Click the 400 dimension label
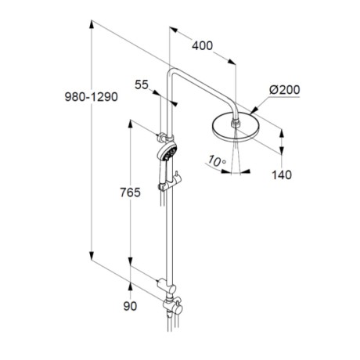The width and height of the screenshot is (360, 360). coord(203,46)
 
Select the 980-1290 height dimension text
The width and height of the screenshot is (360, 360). coord(92,97)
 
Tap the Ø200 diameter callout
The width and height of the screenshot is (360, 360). coord(285,90)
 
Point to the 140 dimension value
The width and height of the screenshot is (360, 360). coord(282,175)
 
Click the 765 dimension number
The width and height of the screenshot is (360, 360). coord(130,193)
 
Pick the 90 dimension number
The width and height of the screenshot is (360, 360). coord(130,306)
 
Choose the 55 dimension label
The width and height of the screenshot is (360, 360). coord(142,85)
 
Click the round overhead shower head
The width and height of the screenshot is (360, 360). coord(233,128)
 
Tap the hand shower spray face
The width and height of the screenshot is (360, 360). coord(171,152)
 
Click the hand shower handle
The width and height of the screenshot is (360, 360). coord(162,171)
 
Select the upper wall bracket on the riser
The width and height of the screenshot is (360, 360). coord(163,137)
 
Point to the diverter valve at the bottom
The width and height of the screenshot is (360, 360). coord(173,306)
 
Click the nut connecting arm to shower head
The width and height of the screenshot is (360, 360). coord(236,123)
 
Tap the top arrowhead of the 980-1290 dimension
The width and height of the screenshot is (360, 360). coord(92,25)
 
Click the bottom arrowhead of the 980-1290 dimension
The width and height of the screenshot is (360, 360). coord(92,256)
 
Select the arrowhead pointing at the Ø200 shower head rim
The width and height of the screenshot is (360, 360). coord(254,110)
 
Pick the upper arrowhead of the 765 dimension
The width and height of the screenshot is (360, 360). coord(130,124)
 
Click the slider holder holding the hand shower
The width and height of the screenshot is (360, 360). coord(171,183)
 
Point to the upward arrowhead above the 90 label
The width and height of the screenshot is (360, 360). coord(130,287)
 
